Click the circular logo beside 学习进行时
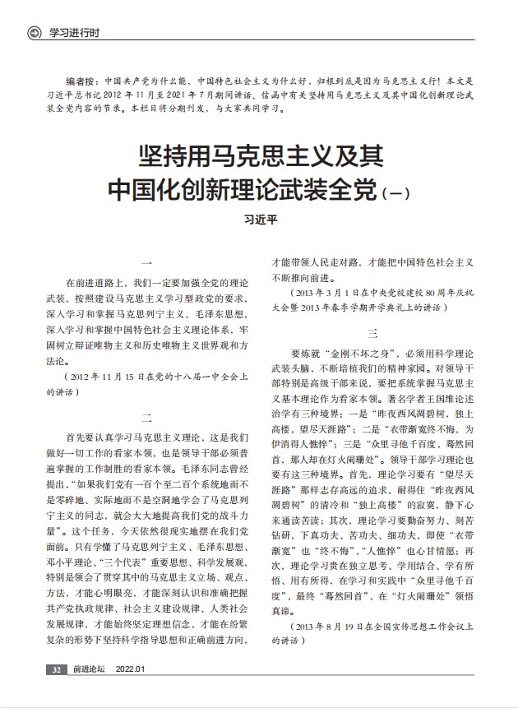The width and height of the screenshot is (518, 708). click(x=33, y=32)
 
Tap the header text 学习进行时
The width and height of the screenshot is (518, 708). click(x=75, y=32)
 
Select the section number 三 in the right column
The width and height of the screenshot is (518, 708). click(x=372, y=332)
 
